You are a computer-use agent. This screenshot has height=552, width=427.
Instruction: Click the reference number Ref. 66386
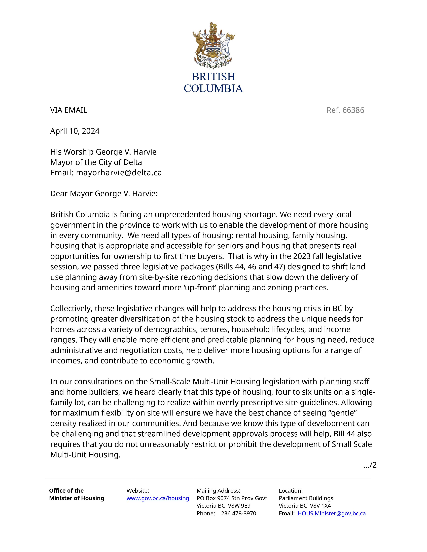(345, 110)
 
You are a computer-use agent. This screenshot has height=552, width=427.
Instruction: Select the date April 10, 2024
(75, 131)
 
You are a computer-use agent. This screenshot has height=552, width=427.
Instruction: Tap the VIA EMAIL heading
(68, 110)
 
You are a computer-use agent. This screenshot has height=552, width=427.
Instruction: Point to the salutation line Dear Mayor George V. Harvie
(104, 194)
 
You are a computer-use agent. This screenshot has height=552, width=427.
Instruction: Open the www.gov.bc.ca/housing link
(158, 498)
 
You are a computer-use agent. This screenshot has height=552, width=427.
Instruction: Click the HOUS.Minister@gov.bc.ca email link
(331, 513)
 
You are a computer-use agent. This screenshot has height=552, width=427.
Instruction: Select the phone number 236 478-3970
(238, 513)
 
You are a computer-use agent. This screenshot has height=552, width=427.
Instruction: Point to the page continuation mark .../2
(370, 465)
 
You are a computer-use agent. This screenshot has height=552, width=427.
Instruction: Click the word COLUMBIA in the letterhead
(213, 88)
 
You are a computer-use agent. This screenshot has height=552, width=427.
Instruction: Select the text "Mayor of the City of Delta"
(96, 162)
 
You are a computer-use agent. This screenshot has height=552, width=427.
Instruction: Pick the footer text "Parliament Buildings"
(306, 498)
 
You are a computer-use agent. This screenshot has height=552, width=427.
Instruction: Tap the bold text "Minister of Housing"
(76, 498)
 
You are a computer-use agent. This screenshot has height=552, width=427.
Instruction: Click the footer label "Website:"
(138, 491)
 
